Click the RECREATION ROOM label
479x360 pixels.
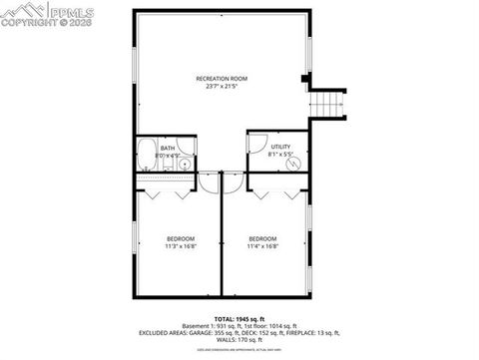221,78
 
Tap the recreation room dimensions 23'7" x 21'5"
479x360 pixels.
221,86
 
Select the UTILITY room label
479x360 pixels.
280,147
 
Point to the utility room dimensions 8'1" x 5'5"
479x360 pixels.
280,155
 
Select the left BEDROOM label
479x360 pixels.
181,238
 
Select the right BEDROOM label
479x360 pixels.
263,238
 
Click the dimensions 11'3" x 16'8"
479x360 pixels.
181,246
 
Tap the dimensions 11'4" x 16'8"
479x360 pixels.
263,246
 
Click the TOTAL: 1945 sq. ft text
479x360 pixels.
239,318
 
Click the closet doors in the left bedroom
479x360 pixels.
167,192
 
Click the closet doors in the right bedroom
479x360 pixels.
276,192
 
